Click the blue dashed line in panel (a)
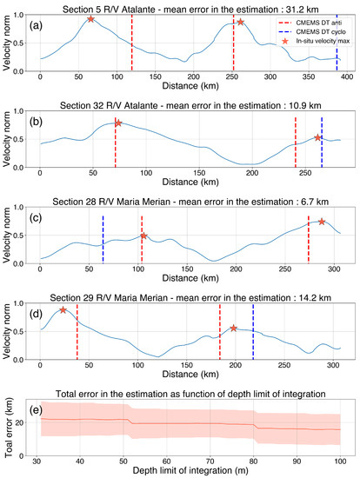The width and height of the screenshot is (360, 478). pyautogui.click(x=337, y=43)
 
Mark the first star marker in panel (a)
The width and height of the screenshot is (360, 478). pyautogui.click(x=90, y=18)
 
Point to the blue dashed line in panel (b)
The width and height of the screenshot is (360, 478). pyautogui.click(x=322, y=141)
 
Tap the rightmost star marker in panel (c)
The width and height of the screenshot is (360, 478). pyautogui.click(x=322, y=222)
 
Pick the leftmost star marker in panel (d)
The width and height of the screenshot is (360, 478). pyautogui.click(x=63, y=310)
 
